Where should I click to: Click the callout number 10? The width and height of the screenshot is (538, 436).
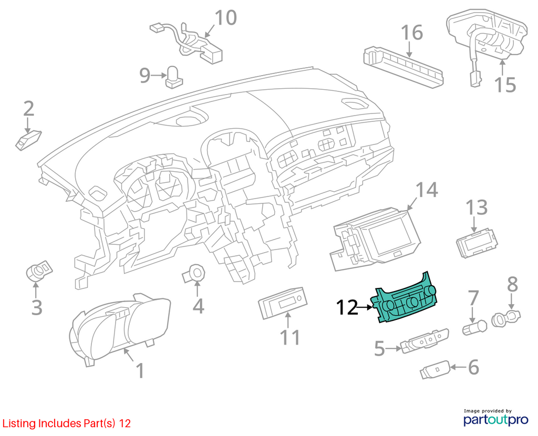pyautogui.click(x=226, y=18)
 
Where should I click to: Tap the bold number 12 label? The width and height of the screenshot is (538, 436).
pyautogui.click(x=347, y=307)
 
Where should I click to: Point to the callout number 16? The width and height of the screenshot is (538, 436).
pyautogui.click(x=412, y=33)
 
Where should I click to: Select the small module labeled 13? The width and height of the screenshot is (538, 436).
pyautogui.click(x=477, y=243)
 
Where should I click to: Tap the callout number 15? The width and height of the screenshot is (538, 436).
pyautogui.click(x=505, y=85)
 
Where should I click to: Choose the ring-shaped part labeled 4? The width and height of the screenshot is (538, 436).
pyautogui.click(x=194, y=273)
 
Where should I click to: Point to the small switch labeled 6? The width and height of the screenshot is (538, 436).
pyautogui.click(x=435, y=370)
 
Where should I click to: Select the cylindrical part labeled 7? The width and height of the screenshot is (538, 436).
pyautogui.click(x=475, y=327)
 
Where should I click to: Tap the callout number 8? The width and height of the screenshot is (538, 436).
pyautogui.click(x=512, y=284)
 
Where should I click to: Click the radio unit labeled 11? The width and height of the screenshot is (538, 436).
pyautogui.click(x=283, y=303)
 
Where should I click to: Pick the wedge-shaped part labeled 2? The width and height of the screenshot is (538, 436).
pyautogui.click(x=28, y=140)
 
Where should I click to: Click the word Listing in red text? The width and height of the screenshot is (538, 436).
pyautogui.click(x=19, y=423)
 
